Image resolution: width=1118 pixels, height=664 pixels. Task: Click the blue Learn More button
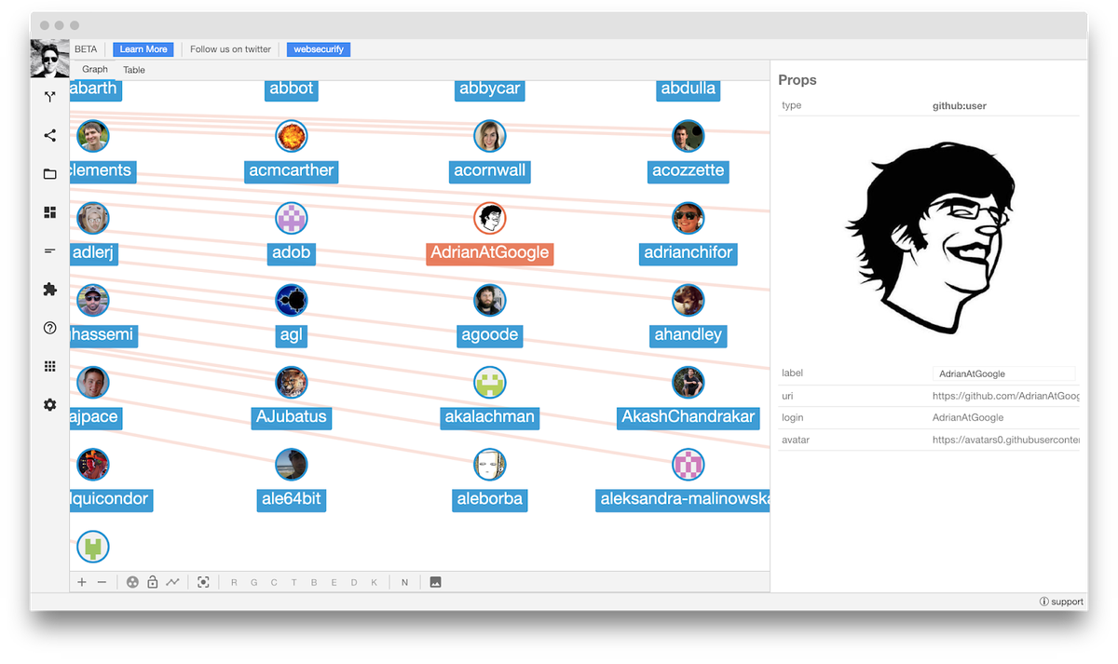click(143, 49)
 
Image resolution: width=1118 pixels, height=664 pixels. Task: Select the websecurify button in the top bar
click(320, 49)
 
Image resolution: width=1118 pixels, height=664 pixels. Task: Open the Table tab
click(134, 70)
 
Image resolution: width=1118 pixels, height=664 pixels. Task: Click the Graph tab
click(95, 70)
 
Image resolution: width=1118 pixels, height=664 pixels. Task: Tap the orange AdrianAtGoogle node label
click(490, 253)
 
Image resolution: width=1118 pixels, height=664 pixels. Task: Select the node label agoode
click(490, 335)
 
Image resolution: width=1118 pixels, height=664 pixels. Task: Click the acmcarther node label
click(292, 171)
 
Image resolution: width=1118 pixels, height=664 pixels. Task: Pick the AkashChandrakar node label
click(689, 417)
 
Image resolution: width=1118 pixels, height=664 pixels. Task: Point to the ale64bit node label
click(292, 499)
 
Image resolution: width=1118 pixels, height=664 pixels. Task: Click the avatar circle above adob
click(292, 219)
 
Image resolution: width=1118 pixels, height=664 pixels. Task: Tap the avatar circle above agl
click(292, 301)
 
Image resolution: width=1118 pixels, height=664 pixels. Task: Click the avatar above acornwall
click(490, 137)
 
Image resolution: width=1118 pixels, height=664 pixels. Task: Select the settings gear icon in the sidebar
click(50, 405)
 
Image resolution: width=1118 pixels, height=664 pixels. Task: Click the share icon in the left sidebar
click(50, 136)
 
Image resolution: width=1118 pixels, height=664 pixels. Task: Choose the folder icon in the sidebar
click(50, 174)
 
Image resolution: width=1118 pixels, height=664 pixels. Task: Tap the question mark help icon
click(50, 328)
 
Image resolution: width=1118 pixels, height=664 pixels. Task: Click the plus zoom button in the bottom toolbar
click(82, 583)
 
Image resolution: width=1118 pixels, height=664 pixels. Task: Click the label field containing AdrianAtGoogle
click(1003, 373)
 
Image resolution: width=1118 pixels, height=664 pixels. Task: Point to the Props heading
click(798, 80)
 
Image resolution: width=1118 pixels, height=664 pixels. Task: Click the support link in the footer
click(1062, 602)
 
